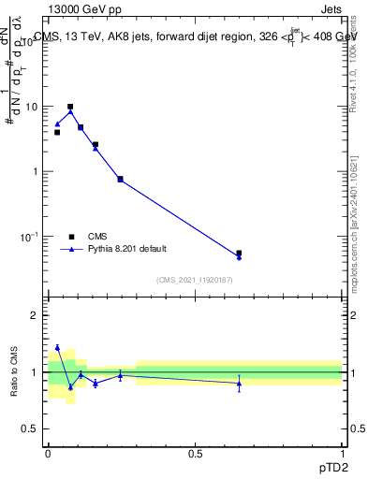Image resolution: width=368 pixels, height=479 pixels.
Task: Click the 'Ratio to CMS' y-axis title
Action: (x=16, y=372)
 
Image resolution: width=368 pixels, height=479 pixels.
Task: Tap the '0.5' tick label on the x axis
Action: (x=195, y=453)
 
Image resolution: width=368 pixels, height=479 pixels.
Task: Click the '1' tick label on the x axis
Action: (x=343, y=453)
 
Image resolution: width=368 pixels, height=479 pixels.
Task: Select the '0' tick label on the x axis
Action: (x=48, y=453)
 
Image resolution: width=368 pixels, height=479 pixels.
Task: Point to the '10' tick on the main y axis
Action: (x=33, y=107)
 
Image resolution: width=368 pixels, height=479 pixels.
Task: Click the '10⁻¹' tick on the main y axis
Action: (x=31, y=237)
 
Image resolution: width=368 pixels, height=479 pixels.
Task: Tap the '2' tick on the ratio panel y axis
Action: (x=36, y=315)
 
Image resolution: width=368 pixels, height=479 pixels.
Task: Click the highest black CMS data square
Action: (x=70, y=107)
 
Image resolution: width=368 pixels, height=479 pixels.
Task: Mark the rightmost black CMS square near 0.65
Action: (x=239, y=253)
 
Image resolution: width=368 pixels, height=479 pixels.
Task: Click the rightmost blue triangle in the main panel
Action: (x=239, y=257)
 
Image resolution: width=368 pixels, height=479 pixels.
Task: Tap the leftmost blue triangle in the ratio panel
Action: (x=57, y=347)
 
